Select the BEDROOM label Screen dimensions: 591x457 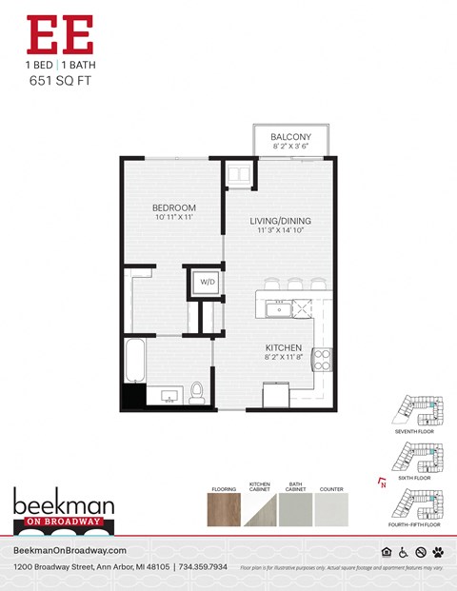[174, 207]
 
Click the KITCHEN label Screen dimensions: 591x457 [284, 347]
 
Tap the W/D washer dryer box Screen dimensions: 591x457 [206, 283]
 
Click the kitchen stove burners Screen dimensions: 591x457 [323, 359]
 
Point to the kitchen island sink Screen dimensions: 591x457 [279, 307]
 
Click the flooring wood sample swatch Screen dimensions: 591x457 [224, 508]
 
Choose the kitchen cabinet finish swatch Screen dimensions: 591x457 [261, 508]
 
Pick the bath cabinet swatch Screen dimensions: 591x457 [296, 508]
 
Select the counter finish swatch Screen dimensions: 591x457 [331, 508]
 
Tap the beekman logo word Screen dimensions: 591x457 [64, 504]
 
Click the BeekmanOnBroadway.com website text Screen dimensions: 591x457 [71, 551]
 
